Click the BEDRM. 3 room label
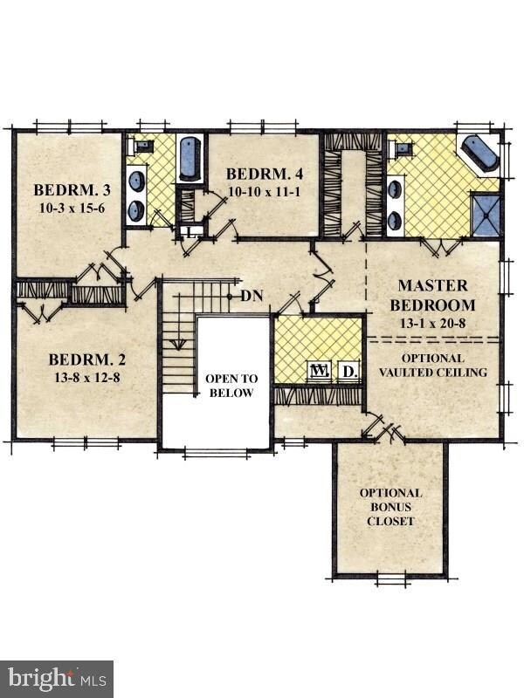pyautogui.click(x=72, y=190)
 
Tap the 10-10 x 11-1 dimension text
pyautogui.click(x=265, y=192)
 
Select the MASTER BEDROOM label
pyautogui.click(x=432, y=295)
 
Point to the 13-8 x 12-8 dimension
pyautogui.click(x=87, y=378)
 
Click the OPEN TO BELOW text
pyautogui.click(x=231, y=386)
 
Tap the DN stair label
pyautogui.click(x=252, y=296)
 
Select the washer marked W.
pyautogui.click(x=320, y=370)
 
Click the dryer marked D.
pyautogui.click(x=348, y=370)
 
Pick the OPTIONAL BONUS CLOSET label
pyautogui.click(x=390, y=507)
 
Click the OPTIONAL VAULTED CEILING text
pyautogui.click(x=433, y=365)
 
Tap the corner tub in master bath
pyautogui.click(x=479, y=154)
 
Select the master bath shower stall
pyautogui.click(x=486, y=215)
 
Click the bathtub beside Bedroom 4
pyautogui.click(x=190, y=159)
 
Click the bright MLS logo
pyautogui.click(x=57, y=680)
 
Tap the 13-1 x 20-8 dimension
pyautogui.click(x=432, y=323)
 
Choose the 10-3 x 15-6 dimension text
pyautogui.click(x=72, y=208)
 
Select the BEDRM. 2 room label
pyautogui.click(x=87, y=359)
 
